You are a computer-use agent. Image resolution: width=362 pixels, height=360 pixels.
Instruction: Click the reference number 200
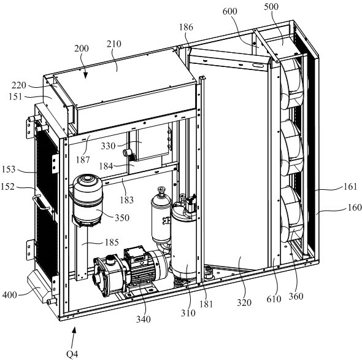click(x=82, y=49)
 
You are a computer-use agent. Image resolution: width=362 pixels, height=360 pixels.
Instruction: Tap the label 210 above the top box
click(x=114, y=44)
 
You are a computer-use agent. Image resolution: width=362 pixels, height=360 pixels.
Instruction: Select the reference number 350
click(x=122, y=218)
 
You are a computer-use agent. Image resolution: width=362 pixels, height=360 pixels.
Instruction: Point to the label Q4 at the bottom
click(x=72, y=354)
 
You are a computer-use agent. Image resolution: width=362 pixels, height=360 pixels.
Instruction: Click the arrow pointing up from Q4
click(x=73, y=337)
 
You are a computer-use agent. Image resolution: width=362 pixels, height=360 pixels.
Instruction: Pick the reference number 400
click(x=10, y=295)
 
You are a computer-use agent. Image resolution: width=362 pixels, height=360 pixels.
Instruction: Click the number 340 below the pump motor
click(x=144, y=319)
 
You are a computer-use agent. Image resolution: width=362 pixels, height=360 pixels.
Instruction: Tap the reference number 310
click(x=188, y=313)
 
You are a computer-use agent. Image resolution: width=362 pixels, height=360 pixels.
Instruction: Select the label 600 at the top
click(x=229, y=11)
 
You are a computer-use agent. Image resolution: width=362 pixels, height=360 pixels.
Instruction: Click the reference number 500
click(x=271, y=7)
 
